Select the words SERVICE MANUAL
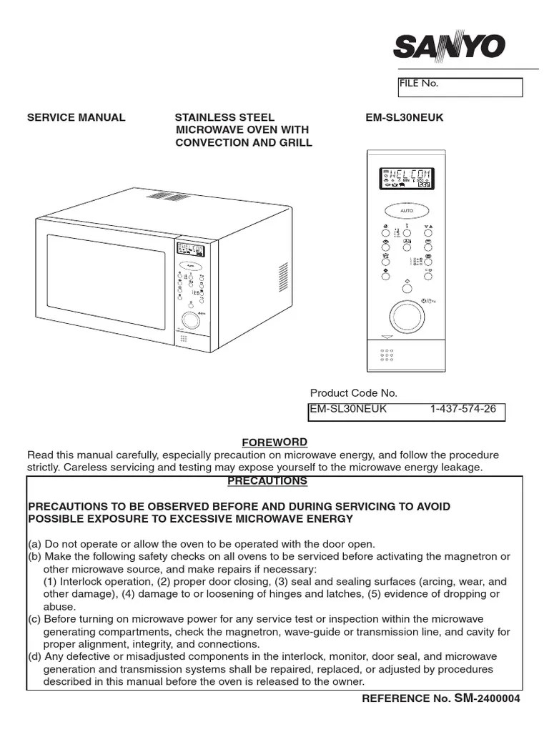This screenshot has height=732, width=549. pyautogui.click(x=76, y=117)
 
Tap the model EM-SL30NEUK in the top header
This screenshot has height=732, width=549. pyautogui.click(x=404, y=117)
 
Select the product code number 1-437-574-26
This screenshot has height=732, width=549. pyautogui.click(x=463, y=409)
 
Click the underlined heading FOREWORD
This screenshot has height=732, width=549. pyautogui.click(x=274, y=443)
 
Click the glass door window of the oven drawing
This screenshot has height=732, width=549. pyautogui.click(x=106, y=281)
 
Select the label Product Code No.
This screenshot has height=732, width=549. pyautogui.click(x=353, y=393)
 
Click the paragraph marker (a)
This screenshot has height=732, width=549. pyautogui.click(x=34, y=544)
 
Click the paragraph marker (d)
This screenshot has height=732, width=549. pyautogui.click(x=34, y=656)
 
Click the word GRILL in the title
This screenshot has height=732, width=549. pyautogui.click(x=297, y=142)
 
